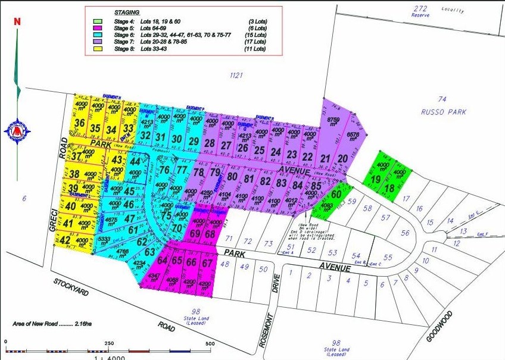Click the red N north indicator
coord(17,21)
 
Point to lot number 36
coord(80,124)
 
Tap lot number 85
coord(316,185)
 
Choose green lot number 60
coord(336,194)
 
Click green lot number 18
coord(389,189)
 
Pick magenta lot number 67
coord(207,262)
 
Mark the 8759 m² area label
coord(333,121)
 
